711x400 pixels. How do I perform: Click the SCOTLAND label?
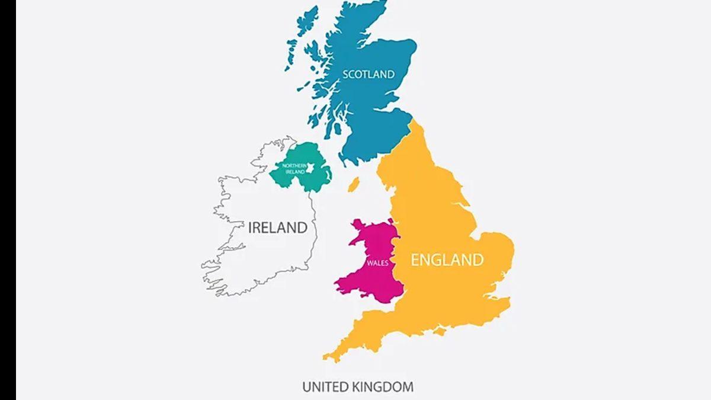coord(369,74)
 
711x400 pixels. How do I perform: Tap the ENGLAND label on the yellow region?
coord(447,260)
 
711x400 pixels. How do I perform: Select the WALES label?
coord(377,262)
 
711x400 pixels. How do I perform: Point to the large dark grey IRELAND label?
coord(278,227)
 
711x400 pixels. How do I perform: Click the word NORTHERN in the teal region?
coord(294,165)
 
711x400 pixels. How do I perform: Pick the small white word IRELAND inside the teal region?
coord(294,172)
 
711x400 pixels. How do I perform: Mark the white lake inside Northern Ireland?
coord(309,170)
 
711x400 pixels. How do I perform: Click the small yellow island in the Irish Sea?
coord(353,184)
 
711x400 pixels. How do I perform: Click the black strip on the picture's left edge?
coord(8,200)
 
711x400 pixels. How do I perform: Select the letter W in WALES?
coord(370,262)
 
